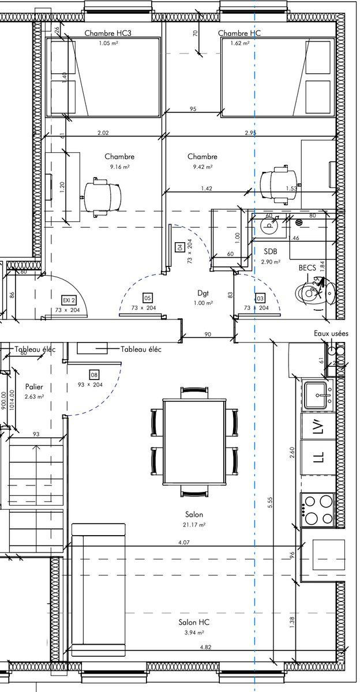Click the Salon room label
pyautogui.click(x=194, y=514)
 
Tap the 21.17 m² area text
pyautogui.click(x=194, y=525)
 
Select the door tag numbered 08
pyautogui.click(x=94, y=374)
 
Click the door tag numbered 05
pyautogui.click(x=148, y=298)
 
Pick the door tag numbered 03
pyautogui.click(x=260, y=298)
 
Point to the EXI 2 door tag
pyautogui.click(x=69, y=300)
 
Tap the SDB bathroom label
pyautogui.click(x=271, y=251)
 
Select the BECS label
pyautogui.click(x=307, y=268)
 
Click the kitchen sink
pyautogui.click(x=317, y=395)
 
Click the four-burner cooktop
pyautogui.click(x=318, y=509)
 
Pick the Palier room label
pyautogui.click(x=34, y=386)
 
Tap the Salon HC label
pyautogui.click(x=194, y=622)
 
